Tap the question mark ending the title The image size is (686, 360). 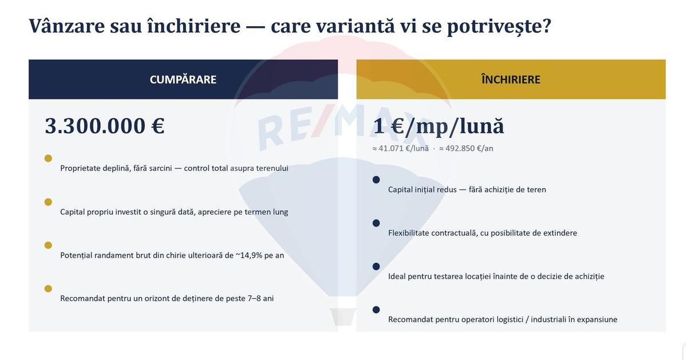[x=546, y=26]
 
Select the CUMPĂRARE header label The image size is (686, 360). [x=183, y=79]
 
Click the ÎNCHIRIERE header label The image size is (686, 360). [x=510, y=79]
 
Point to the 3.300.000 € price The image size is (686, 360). [x=105, y=126]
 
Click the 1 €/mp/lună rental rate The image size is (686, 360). [x=438, y=126]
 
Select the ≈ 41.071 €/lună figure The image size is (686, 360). [x=400, y=149]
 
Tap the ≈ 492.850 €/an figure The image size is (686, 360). [x=466, y=149]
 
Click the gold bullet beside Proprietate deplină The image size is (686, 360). [x=48, y=158]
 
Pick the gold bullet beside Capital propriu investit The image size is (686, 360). [x=48, y=202]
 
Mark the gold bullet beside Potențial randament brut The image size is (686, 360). [x=48, y=245]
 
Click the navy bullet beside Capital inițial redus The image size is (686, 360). [x=376, y=179]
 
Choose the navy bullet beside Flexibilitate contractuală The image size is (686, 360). [x=376, y=223]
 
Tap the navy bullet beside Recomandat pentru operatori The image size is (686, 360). [x=376, y=310]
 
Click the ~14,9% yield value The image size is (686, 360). [x=249, y=255]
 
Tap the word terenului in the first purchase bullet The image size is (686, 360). [x=272, y=169]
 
